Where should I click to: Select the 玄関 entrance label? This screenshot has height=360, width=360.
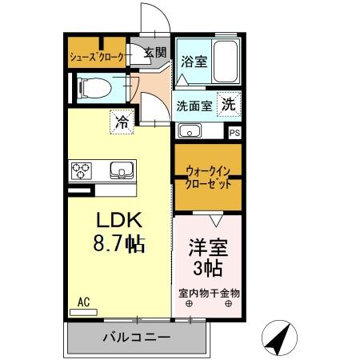point(154,54)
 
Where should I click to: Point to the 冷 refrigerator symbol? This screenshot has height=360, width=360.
point(122,122)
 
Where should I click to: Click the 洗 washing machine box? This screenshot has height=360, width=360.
point(229,103)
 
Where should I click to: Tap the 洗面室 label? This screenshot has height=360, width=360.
point(194,105)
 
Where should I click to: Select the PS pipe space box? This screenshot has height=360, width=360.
point(234,133)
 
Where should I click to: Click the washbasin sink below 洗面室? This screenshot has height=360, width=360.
point(190,131)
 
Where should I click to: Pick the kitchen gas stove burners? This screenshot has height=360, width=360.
point(82,170)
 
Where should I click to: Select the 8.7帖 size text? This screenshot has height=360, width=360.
point(119,242)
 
